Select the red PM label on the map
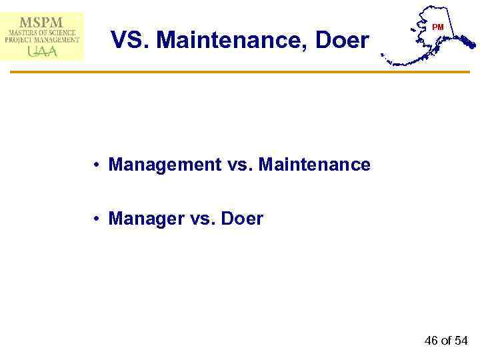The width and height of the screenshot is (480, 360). click(437, 27)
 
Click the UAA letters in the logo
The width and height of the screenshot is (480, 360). click(42, 51)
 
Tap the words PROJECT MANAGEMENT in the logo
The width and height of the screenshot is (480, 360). click(42, 40)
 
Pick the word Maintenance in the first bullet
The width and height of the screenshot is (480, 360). click(314, 164)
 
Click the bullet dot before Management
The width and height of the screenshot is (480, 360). click(97, 165)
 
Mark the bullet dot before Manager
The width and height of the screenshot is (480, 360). click(97, 219)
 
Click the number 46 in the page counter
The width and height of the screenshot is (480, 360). click(431, 341)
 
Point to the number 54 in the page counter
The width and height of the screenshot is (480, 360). click(461, 341)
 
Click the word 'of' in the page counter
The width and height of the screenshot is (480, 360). click(447, 341)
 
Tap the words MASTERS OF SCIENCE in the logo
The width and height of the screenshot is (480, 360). click(42, 32)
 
